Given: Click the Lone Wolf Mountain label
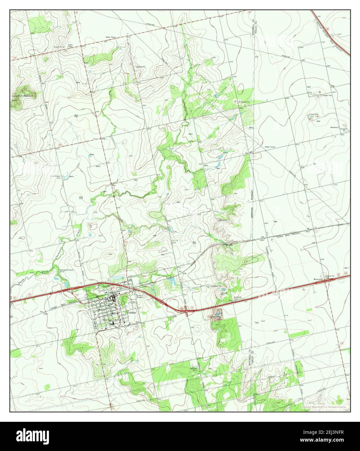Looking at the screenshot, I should (x=23, y=96).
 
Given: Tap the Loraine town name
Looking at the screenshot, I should (x=132, y=312).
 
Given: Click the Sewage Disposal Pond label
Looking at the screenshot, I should (x=67, y=271).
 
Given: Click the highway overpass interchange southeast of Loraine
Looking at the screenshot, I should (x=187, y=313).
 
